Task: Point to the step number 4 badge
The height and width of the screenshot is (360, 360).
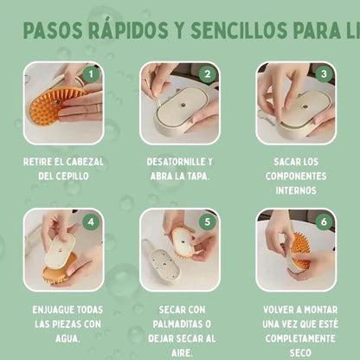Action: pyautogui.click(x=93, y=221)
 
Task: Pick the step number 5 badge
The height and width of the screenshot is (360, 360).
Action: pyautogui.click(x=208, y=221)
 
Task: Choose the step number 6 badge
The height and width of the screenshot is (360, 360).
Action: pyautogui.click(x=324, y=221)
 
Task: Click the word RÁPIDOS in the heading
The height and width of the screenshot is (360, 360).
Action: pyautogui.click(x=124, y=30)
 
